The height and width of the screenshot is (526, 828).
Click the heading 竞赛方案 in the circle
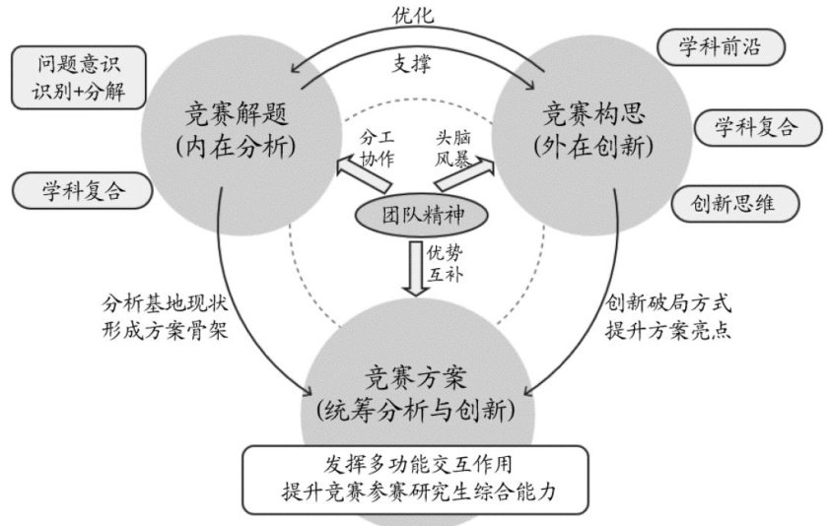[414, 375]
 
